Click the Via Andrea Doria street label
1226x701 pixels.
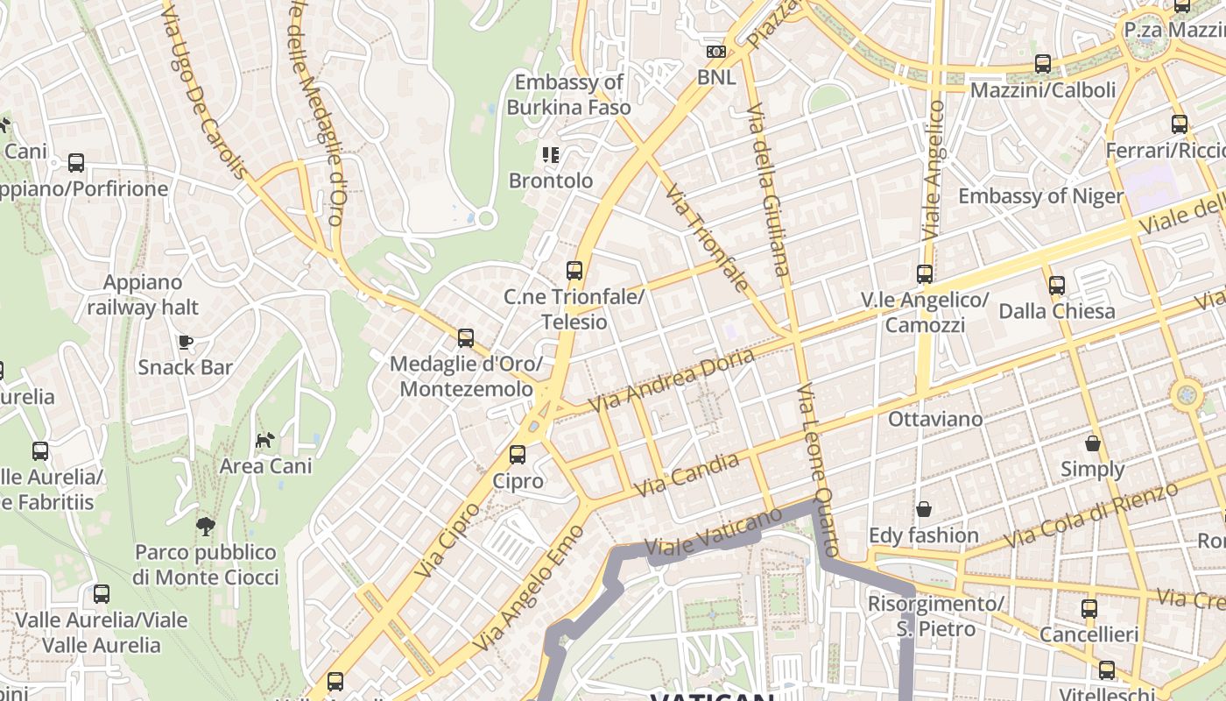click(671, 381)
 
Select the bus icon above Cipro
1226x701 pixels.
click(518, 455)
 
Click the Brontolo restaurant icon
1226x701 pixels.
click(551, 156)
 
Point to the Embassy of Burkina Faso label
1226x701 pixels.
click(569, 95)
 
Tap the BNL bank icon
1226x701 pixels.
click(716, 52)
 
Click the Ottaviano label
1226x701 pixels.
click(935, 419)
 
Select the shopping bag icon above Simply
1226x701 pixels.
click(1092, 443)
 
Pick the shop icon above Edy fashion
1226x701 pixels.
click(924, 509)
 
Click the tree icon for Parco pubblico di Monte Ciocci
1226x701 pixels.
click(206, 527)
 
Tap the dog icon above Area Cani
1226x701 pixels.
click(264, 440)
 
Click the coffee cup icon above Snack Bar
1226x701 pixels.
click(185, 342)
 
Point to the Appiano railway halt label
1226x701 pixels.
click(143, 295)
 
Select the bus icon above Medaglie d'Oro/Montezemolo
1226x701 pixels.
click(466, 338)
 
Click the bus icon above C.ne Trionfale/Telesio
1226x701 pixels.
click(574, 271)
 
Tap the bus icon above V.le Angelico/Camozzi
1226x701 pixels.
click(925, 274)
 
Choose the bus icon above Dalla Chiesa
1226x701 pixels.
click(1057, 286)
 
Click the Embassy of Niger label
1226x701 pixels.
click(1040, 195)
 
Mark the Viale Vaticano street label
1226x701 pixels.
click(712, 533)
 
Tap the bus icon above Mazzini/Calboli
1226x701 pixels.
click(1042, 64)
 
